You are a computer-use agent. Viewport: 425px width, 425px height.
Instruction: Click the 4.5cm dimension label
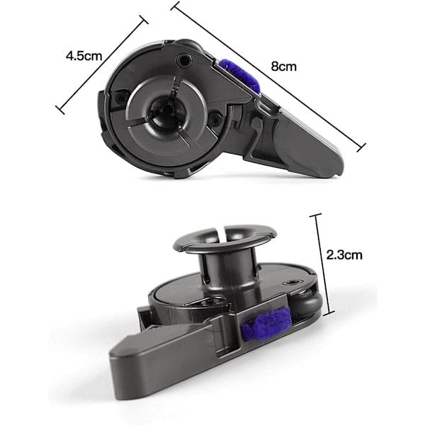click(x=84, y=56)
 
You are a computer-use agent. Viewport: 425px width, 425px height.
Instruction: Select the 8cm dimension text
click(x=283, y=66)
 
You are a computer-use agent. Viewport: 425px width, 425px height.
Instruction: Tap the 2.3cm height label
click(x=344, y=255)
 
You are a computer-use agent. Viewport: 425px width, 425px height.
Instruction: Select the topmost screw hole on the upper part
click(x=183, y=59)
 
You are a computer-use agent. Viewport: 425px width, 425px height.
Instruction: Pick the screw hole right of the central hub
click(x=215, y=118)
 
